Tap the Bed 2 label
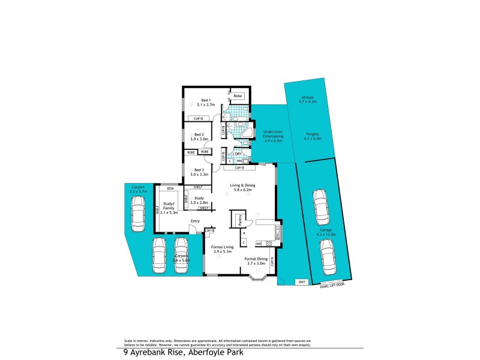(x=199, y=136)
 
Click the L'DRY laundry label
(x=237, y=154)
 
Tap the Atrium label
(x=307, y=100)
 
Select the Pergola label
(x=312, y=136)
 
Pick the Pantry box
(x=237, y=220)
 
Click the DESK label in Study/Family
(x=170, y=188)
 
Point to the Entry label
(x=195, y=221)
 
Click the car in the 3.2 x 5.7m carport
(x=137, y=213)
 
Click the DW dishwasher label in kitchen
(x=277, y=239)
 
